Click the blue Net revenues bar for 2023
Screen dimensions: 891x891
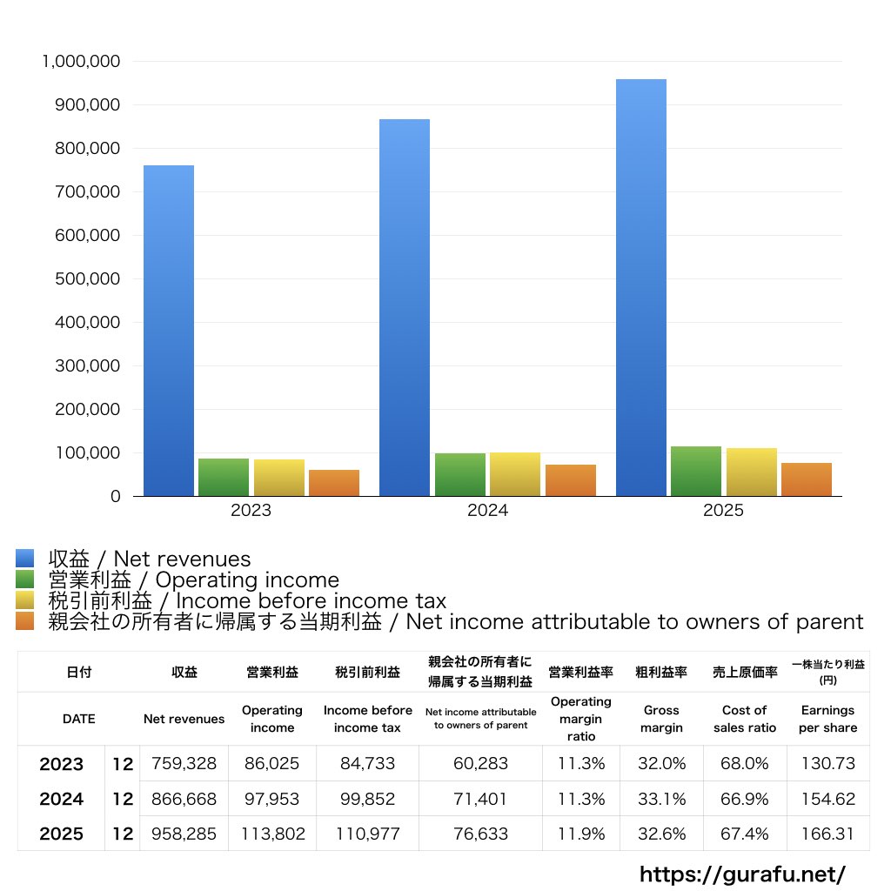[x=169, y=331]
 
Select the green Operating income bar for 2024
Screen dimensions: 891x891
[x=460, y=474]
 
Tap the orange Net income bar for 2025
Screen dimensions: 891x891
[x=807, y=479]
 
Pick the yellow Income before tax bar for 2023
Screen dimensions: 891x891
[x=279, y=478]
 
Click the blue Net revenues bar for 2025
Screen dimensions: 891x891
[x=641, y=287]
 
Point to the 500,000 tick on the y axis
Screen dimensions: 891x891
[x=88, y=279]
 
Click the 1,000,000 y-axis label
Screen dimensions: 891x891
[x=81, y=62]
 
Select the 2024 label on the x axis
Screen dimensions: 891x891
[x=487, y=510]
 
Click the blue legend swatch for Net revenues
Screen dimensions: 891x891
[x=25, y=559]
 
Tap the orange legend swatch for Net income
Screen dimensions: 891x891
[x=25, y=621]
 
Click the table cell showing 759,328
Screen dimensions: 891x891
[x=184, y=763]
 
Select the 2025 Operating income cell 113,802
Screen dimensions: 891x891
[x=272, y=834]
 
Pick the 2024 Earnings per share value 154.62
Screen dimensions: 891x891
[x=828, y=799]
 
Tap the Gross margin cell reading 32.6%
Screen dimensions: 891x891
[x=661, y=834]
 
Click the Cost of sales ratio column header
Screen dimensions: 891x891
[x=745, y=719]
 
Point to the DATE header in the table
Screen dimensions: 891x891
[x=79, y=719]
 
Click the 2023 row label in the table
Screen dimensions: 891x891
[x=62, y=764]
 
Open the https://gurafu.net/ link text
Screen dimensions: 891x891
[x=743, y=874]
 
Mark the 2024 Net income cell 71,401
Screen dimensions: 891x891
[x=480, y=799]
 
